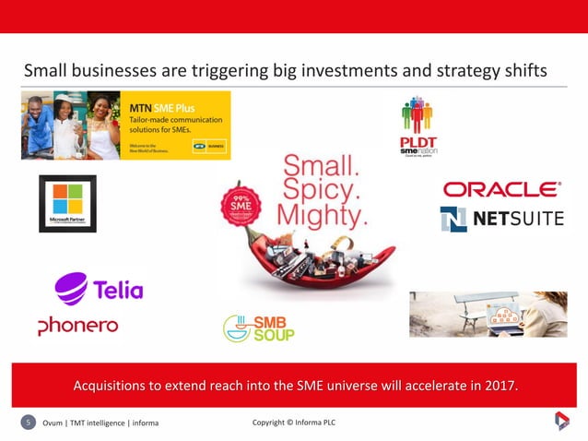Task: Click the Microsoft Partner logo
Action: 67,203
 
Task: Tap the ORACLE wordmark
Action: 501,189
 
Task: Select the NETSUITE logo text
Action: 502,220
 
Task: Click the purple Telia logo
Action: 100,288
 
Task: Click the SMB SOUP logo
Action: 259,328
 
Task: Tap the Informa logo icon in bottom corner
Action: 561,422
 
